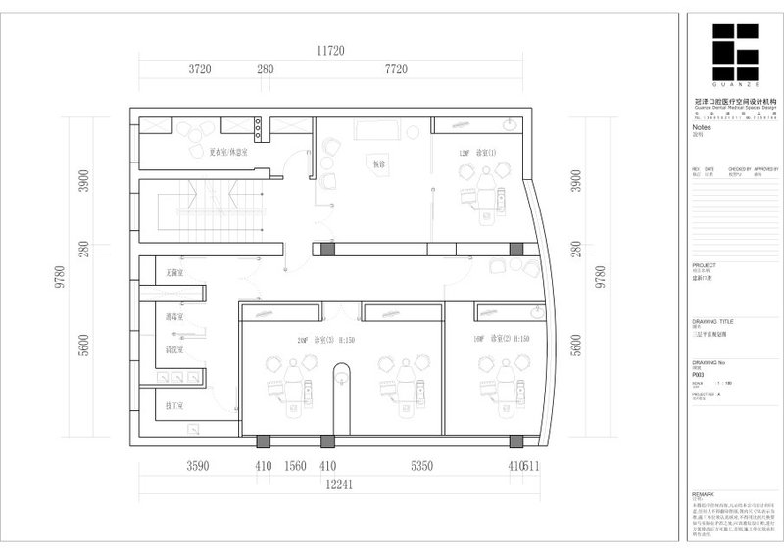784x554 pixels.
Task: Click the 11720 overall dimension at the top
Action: (335, 50)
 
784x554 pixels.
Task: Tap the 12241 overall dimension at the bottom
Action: (336, 482)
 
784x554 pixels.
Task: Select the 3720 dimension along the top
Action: (200, 69)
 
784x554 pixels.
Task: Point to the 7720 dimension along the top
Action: (396, 69)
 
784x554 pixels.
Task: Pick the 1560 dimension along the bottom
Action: (296, 467)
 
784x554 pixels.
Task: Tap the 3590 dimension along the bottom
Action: (198, 467)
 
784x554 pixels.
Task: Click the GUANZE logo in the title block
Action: (734, 56)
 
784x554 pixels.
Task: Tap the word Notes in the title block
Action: (701, 127)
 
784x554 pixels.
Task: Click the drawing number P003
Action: (699, 374)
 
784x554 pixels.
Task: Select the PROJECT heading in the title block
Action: (704, 265)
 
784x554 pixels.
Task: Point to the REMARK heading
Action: (704, 495)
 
